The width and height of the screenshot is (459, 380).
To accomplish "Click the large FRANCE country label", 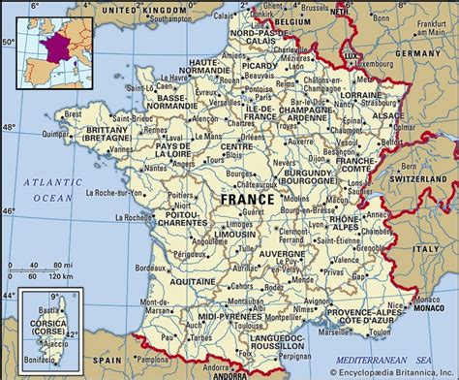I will pyautogui.click(x=247, y=199).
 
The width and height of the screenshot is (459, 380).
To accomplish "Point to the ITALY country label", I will pyautogui.click(x=426, y=249).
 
